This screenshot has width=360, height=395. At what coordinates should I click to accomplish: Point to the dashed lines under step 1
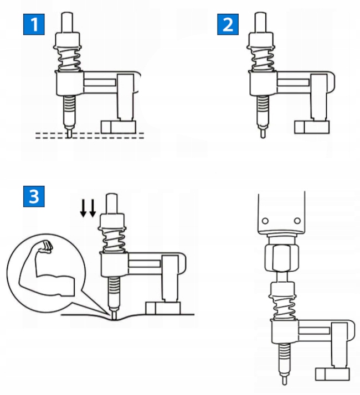[x=89, y=135]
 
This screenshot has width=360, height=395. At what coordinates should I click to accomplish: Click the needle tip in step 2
[x=262, y=133]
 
